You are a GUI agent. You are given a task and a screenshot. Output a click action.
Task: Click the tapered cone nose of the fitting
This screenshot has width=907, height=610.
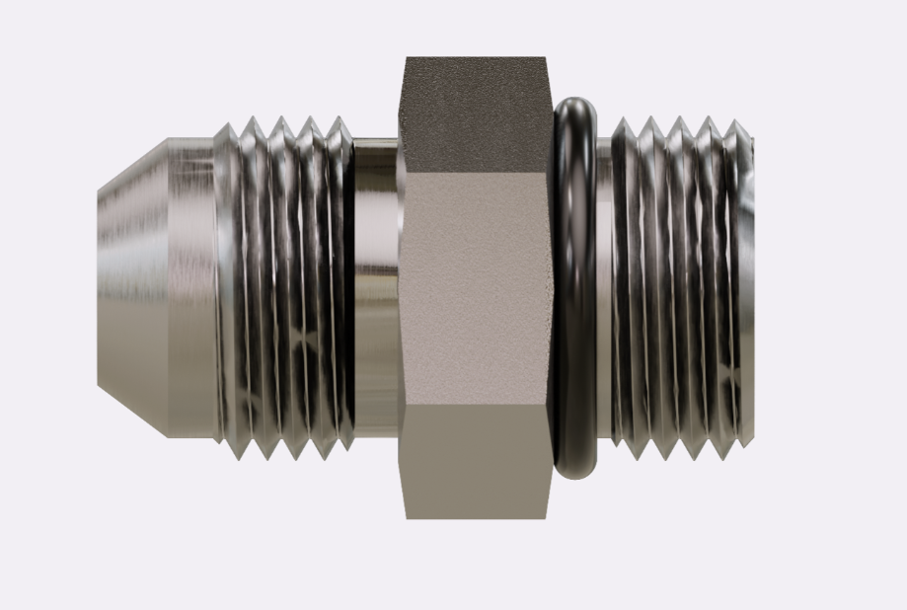[133, 286]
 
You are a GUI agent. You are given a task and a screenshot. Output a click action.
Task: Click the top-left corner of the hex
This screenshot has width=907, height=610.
[407, 58]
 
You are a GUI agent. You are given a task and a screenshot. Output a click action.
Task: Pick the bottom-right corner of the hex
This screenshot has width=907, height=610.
[547, 517]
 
